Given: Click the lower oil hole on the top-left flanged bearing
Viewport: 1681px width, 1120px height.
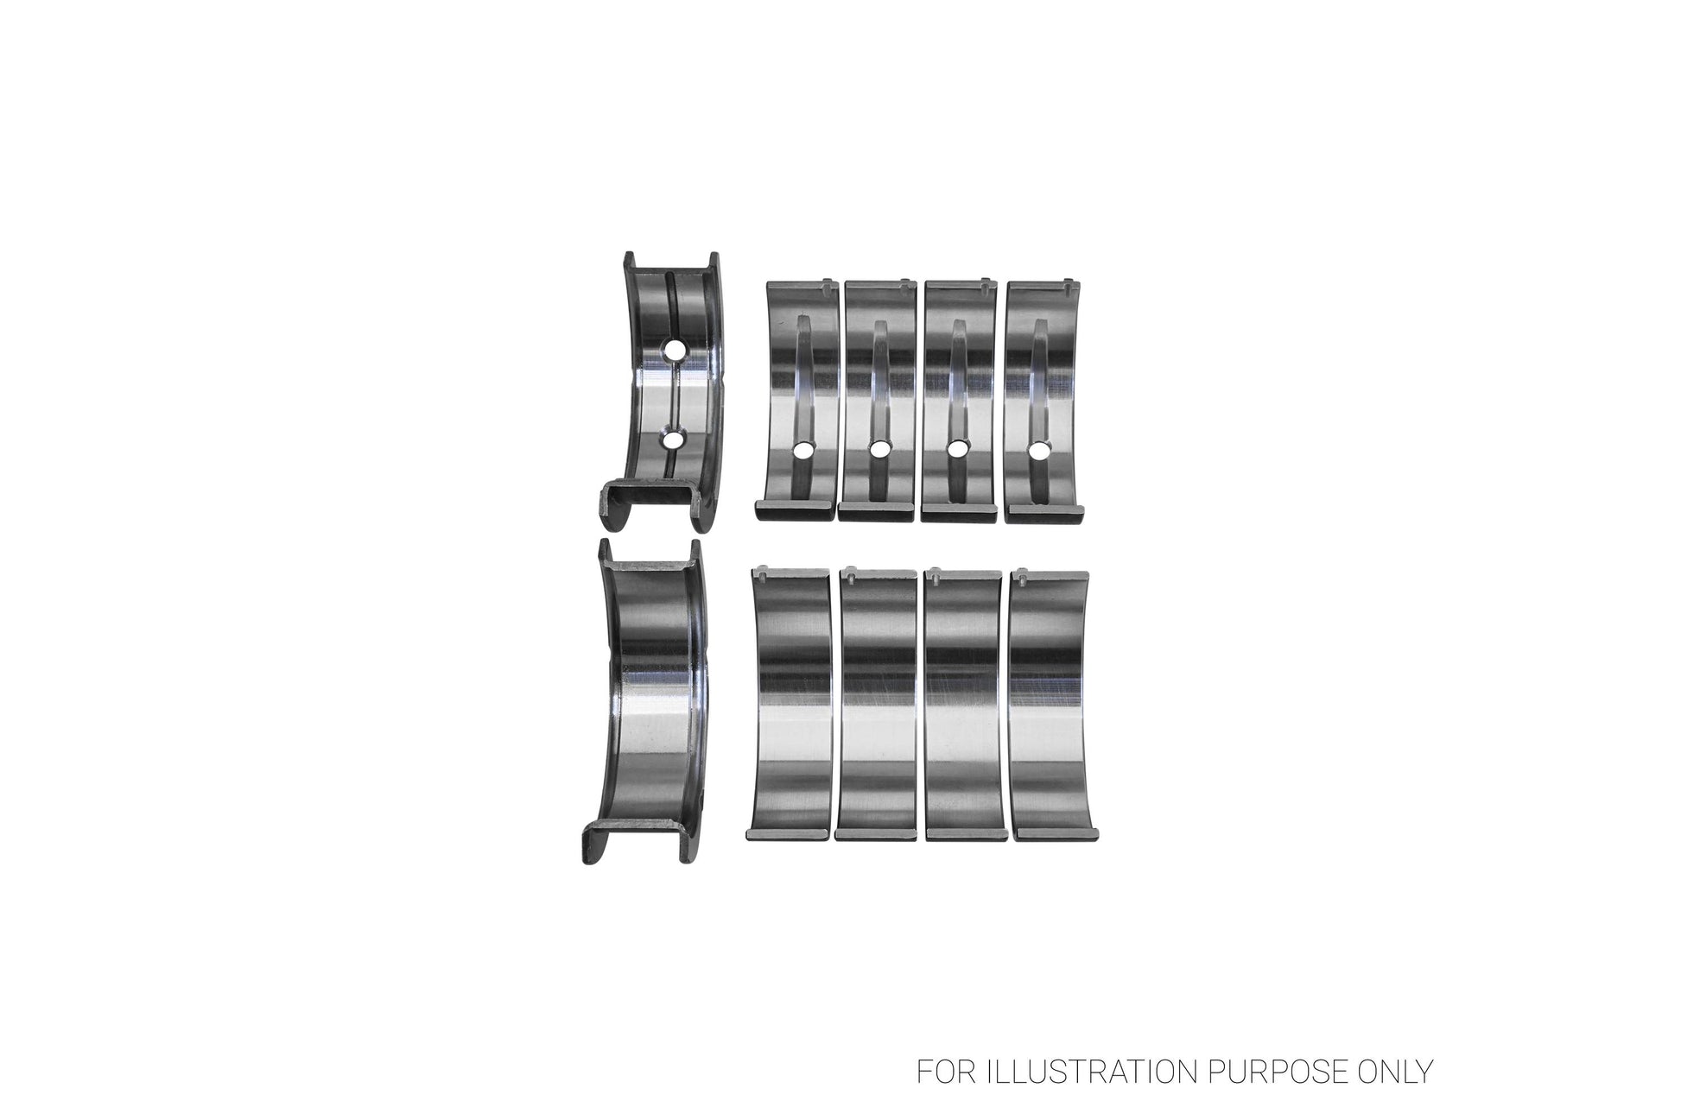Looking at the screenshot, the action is [x=674, y=440].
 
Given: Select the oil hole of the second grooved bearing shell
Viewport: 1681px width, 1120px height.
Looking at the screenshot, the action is [x=879, y=449].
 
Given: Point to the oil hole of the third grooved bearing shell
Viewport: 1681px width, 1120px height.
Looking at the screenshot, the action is [x=956, y=449].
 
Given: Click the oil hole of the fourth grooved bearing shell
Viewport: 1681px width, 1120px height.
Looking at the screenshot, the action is [x=1037, y=451].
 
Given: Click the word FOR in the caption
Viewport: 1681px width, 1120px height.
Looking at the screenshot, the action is [x=940, y=1072].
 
